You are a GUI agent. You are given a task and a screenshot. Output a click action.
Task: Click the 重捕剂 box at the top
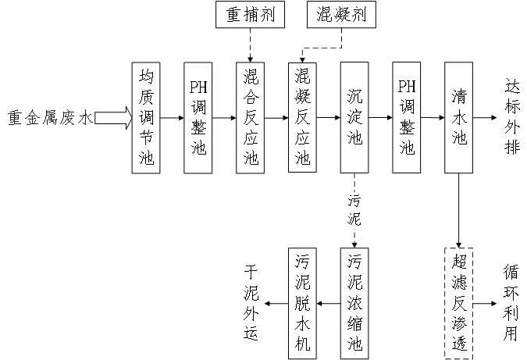[250, 15]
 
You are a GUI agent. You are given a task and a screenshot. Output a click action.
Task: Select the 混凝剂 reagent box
[341, 15]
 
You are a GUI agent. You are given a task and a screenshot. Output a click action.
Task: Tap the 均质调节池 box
[146, 118]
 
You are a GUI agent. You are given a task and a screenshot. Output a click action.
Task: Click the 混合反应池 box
[250, 118]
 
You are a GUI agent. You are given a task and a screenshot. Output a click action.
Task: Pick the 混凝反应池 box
[302, 118]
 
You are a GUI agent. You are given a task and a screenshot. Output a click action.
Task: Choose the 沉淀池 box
[354, 118]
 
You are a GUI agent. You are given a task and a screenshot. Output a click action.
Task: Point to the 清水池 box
[459, 118]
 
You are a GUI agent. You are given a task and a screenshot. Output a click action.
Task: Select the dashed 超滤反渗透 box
[459, 304]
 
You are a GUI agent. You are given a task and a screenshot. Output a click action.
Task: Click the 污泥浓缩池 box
[354, 304]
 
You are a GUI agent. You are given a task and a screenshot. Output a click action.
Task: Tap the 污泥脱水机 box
[302, 304]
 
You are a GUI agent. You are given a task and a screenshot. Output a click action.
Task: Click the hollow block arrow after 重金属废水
[113, 118]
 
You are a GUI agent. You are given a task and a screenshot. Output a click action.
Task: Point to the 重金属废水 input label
[50, 118]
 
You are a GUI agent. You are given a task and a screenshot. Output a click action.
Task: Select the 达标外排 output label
[512, 116]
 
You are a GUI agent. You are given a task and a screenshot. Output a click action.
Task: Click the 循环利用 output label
[511, 303]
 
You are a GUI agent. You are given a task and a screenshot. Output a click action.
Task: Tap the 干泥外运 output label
[251, 303]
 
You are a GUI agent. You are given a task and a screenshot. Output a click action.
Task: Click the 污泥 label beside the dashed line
[354, 210]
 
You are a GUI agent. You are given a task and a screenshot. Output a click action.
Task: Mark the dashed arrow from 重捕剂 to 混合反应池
[250, 45]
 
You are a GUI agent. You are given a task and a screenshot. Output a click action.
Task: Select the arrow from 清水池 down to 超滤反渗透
[459, 211]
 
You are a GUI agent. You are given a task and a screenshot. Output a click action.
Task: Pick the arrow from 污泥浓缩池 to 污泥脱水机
[329, 304]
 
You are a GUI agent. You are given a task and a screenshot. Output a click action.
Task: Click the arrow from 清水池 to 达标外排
[485, 118]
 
